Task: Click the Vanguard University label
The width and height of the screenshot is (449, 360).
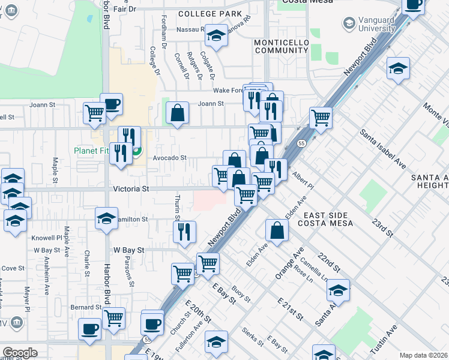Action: coord(369,23)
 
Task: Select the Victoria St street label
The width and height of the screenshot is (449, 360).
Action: coord(131,188)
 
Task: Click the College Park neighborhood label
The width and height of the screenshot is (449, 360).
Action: coord(209,14)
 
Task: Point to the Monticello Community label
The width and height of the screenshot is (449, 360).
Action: coord(281,47)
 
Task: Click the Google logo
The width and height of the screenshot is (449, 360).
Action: coord(20,352)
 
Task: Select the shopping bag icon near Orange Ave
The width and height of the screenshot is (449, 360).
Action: coord(277,231)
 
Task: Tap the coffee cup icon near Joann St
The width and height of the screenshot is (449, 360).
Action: coord(111,104)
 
